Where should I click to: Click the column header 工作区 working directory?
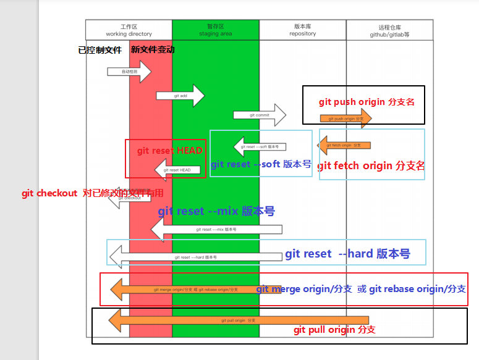tap(129, 30)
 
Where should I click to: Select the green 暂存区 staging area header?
tap(216, 30)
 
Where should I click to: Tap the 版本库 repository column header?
tap(302, 30)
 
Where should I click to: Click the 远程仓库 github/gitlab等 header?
tap(389, 31)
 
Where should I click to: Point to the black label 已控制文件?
tap(100, 50)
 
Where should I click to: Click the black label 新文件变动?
tap(153, 50)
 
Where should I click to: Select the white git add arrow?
tap(180, 96)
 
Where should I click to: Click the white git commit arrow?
tap(260, 115)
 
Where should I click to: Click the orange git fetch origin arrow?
tap(344, 146)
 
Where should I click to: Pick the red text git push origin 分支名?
tap(367, 102)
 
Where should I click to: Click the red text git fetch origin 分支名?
tap(371, 165)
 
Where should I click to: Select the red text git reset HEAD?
tap(169, 150)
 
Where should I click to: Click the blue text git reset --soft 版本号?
tap(261, 164)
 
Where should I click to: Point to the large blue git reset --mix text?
tap(216, 211)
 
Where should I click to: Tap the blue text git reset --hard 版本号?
tap(347, 254)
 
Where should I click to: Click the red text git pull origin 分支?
tap(334, 330)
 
